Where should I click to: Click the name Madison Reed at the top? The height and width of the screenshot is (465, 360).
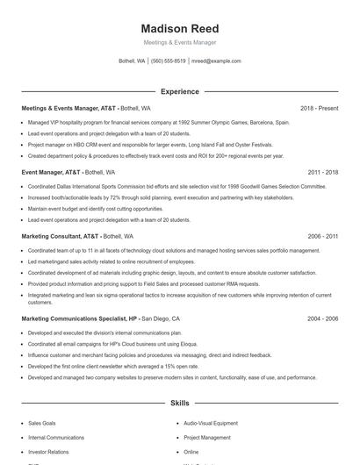point(180,28)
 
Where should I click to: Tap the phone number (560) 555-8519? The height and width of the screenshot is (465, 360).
point(169,61)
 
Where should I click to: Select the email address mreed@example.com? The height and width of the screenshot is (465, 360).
point(216,61)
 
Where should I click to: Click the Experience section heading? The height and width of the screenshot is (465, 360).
point(180,91)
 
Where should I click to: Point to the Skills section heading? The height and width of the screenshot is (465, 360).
point(180,404)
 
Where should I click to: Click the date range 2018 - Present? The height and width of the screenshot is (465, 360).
point(319,109)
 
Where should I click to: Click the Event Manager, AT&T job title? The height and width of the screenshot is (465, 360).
point(51,172)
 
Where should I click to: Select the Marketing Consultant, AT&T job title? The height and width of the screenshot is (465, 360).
point(60,236)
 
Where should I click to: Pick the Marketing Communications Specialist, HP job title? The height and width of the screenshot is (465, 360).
point(79,319)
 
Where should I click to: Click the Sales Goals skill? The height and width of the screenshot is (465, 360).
point(41,422)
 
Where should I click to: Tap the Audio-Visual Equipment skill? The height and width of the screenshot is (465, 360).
point(210,422)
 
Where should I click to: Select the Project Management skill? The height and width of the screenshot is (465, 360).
point(206,437)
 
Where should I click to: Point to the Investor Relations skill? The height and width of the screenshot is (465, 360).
point(47,451)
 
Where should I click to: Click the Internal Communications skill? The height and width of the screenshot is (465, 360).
point(56,437)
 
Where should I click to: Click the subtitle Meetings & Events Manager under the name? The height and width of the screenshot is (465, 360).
point(180,42)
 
